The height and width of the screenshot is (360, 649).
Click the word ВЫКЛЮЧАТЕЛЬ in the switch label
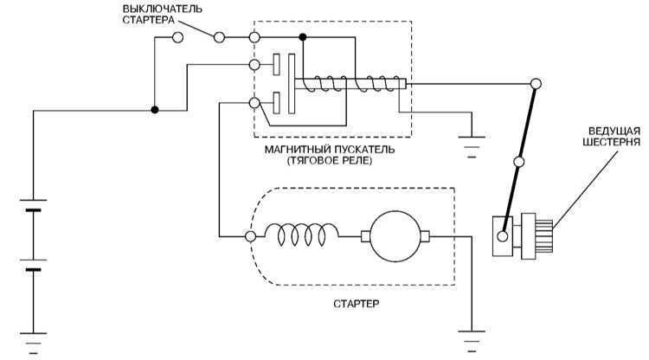[163, 9]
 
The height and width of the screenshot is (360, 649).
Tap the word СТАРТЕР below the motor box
[357, 304]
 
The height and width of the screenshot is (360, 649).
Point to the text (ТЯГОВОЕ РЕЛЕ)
[330, 161]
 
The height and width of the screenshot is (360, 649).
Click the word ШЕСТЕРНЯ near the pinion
[611, 142]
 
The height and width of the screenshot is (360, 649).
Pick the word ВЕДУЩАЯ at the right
[614, 132]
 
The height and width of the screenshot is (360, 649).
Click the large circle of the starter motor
[395, 236]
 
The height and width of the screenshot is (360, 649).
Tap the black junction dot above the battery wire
[155, 110]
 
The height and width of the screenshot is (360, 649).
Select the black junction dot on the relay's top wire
[303, 38]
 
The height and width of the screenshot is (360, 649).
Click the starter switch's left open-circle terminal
[177, 38]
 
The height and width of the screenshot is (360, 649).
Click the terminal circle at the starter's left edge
[250, 236]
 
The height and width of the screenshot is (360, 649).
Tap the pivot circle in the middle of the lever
[518, 161]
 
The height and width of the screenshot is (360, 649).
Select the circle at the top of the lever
[536, 84]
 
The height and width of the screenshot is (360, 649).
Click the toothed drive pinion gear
[537, 236]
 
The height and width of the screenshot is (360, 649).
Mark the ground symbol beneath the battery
[34, 343]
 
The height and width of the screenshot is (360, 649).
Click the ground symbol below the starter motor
[472, 341]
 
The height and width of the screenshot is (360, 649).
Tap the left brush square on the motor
[365, 236]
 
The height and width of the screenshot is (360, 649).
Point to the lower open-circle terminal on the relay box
[254, 103]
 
